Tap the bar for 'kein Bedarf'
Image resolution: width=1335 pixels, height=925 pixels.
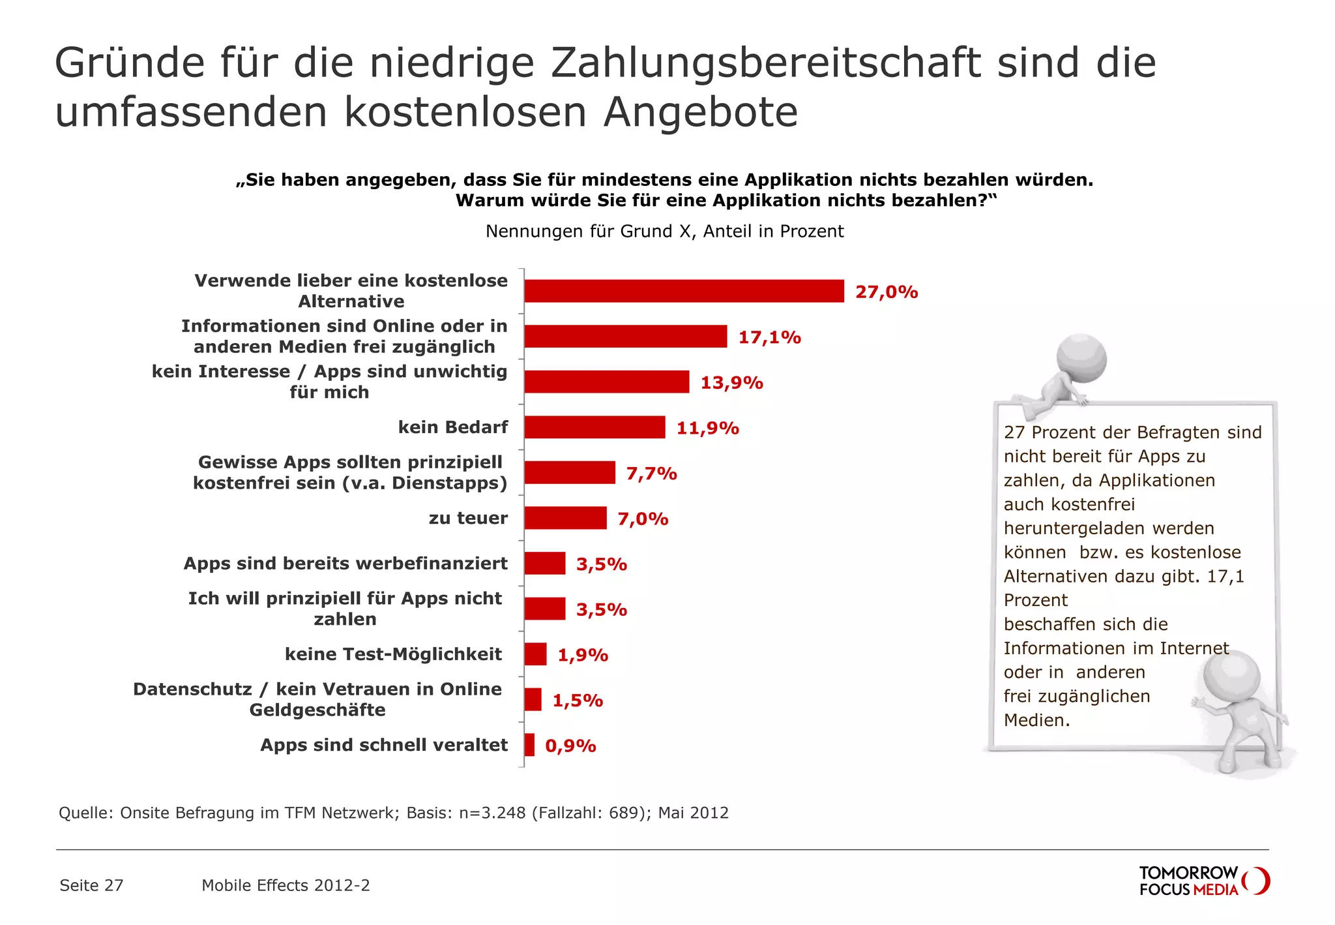594,427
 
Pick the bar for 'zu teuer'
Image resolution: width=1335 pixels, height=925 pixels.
565,518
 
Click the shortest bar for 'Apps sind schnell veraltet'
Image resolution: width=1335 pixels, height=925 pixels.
529,745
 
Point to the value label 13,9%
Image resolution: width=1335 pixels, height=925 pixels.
731,382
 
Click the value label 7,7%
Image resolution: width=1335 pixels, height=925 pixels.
651,473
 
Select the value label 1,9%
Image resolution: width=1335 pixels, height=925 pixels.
582,654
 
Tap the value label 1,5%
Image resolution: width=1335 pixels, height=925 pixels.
578,700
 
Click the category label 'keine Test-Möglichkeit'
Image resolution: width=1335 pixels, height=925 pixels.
393,654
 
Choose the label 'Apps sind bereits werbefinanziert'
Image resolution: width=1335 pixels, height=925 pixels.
345,564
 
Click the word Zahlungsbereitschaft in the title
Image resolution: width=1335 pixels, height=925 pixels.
765,63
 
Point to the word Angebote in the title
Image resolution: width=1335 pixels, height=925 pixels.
700,112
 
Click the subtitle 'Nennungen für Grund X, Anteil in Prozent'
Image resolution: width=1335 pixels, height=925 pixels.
664,232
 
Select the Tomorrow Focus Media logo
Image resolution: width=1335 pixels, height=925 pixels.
1203,881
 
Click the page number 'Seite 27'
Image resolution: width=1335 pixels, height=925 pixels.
91,885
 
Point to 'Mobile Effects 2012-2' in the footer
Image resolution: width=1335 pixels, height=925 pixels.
286,885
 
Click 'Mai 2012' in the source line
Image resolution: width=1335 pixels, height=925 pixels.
693,813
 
